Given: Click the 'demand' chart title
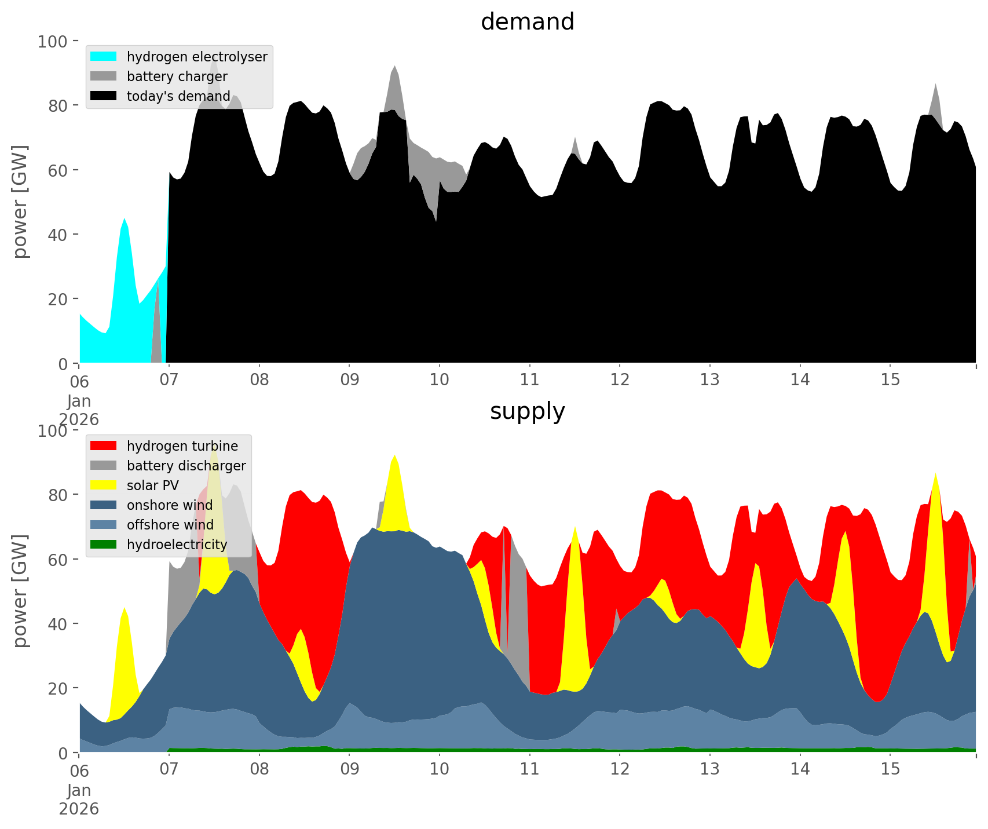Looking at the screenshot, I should (x=527, y=22).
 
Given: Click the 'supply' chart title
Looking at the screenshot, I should (x=527, y=411).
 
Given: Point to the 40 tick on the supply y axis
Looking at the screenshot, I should (x=58, y=624).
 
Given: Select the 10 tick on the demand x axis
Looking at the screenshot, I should (x=440, y=380).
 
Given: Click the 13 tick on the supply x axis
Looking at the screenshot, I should (x=710, y=769).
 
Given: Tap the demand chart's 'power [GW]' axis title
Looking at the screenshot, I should (x=20, y=202).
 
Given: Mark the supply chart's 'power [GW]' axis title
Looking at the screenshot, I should (x=20, y=591).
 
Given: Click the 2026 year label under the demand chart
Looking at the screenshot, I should (x=79, y=419).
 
